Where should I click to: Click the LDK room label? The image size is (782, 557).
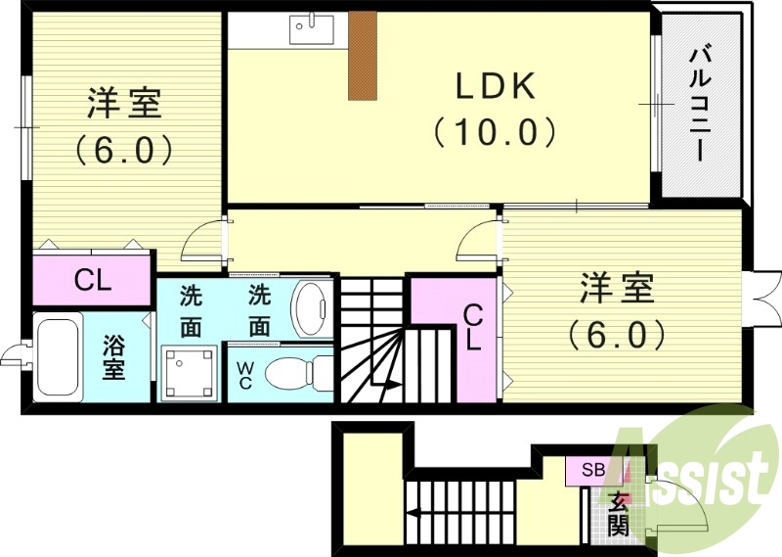click(496, 87)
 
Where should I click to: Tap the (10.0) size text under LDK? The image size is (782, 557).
click(496, 130)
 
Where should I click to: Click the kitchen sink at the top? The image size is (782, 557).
click(311, 29)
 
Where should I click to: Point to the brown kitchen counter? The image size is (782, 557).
click(363, 55)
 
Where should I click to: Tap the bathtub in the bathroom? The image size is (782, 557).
click(59, 357)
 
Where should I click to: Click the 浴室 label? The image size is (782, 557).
click(115, 357)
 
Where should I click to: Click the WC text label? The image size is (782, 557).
click(244, 375)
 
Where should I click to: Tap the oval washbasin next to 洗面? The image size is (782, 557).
click(312, 308)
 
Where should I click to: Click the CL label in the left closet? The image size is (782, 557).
click(94, 281)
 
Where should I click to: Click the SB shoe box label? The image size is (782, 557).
click(593, 470)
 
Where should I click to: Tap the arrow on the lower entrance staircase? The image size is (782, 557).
click(415, 511)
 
